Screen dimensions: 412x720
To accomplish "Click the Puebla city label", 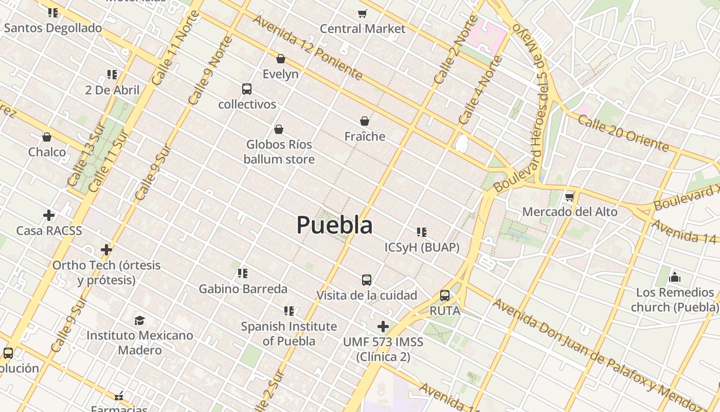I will point(334,226).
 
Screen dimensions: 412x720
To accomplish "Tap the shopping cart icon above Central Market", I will point(363,13).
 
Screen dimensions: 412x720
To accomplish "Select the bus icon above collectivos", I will point(247,89).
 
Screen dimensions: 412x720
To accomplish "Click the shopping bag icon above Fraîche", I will point(365,122).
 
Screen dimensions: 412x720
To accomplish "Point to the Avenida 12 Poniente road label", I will point(308,47).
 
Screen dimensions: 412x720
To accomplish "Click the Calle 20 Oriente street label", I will point(623,133).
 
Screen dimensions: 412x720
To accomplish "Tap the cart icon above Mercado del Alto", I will point(569,197).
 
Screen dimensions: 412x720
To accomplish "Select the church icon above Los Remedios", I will point(675,278).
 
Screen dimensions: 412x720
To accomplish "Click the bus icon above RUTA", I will point(445,296).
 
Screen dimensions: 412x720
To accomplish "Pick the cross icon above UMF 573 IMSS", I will point(383,327).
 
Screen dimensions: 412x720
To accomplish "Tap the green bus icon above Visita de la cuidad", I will point(366,280).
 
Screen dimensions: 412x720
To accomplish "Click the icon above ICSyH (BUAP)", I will point(422,232).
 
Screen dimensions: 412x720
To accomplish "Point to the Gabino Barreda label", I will point(243,289).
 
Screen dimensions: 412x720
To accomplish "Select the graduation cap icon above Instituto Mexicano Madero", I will point(139,320).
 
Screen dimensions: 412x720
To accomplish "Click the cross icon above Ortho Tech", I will point(106,250).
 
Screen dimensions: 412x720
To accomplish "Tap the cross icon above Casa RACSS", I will point(49,215).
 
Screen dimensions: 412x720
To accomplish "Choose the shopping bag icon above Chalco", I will point(47,137).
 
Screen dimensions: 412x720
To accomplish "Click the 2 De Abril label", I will point(112,90).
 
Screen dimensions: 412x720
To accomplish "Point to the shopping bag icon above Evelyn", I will point(281,59).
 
